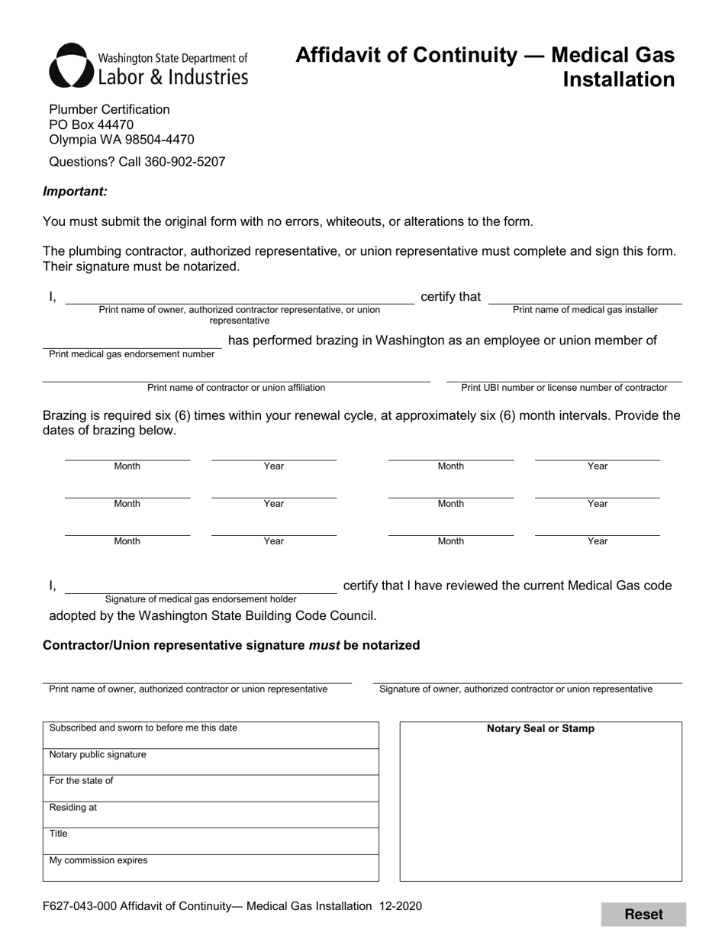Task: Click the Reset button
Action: pyautogui.click(x=643, y=915)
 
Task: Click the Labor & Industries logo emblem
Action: pyautogui.click(x=72, y=66)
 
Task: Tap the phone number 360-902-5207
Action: pyautogui.click(x=185, y=162)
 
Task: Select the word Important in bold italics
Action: pyautogui.click(x=75, y=192)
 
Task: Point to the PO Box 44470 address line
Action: pyautogui.click(x=92, y=124)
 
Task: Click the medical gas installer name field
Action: pyautogui.click(x=585, y=298)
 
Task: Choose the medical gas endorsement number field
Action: pyautogui.click(x=131, y=341)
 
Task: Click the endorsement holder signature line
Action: pyautogui.click(x=200, y=586)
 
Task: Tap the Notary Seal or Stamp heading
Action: pyautogui.click(x=540, y=729)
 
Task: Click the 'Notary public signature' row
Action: pyautogui.click(x=211, y=762)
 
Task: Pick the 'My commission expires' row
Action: pyautogui.click(x=211, y=867)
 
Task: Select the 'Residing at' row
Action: pyautogui.click(x=211, y=815)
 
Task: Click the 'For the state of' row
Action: pyautogui.click(x=211, y=788)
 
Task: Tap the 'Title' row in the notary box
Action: pyautogui.click(x=211, y=841)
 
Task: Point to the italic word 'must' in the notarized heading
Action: pyautogui.click(x=324, y=646)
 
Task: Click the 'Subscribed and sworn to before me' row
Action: pyautogui.click(x=211, y=735)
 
